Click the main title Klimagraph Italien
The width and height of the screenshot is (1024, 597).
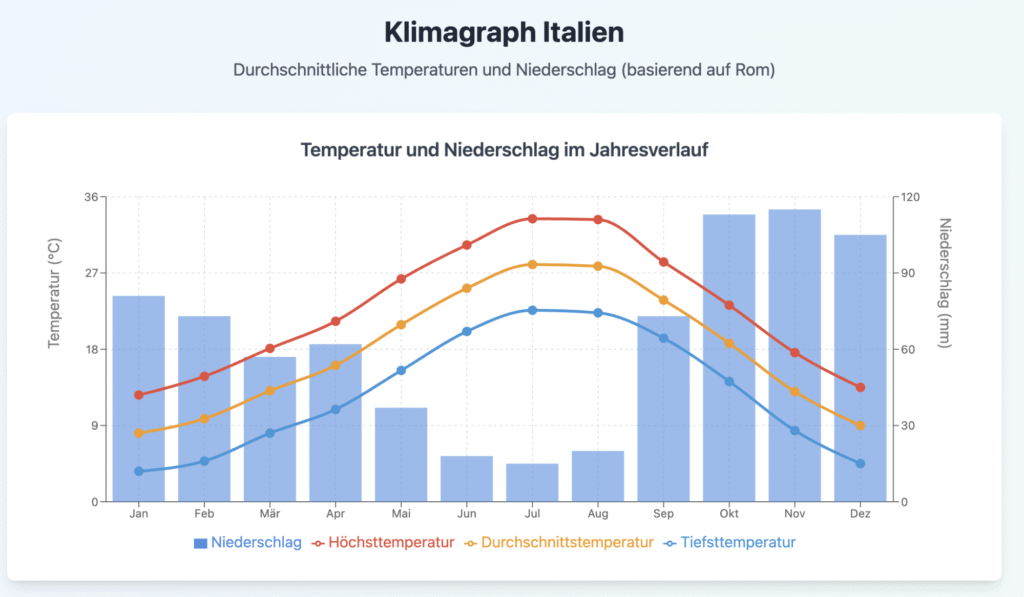(504, 32)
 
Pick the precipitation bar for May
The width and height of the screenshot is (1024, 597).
(401, 454)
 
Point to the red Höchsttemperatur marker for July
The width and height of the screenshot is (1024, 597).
(532, 218)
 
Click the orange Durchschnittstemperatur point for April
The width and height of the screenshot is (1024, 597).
(336, 365)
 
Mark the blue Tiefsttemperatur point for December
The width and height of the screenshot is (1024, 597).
(860, 463)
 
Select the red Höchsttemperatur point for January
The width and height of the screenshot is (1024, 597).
(139, 395)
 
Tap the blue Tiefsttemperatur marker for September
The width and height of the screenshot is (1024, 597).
(663, 338)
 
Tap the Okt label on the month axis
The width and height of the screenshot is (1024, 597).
(729, 513)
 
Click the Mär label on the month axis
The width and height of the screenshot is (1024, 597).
(270, 513)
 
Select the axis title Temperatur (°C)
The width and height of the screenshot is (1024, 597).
(55, 293)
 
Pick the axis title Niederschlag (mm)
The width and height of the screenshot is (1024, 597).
(946, 284)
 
